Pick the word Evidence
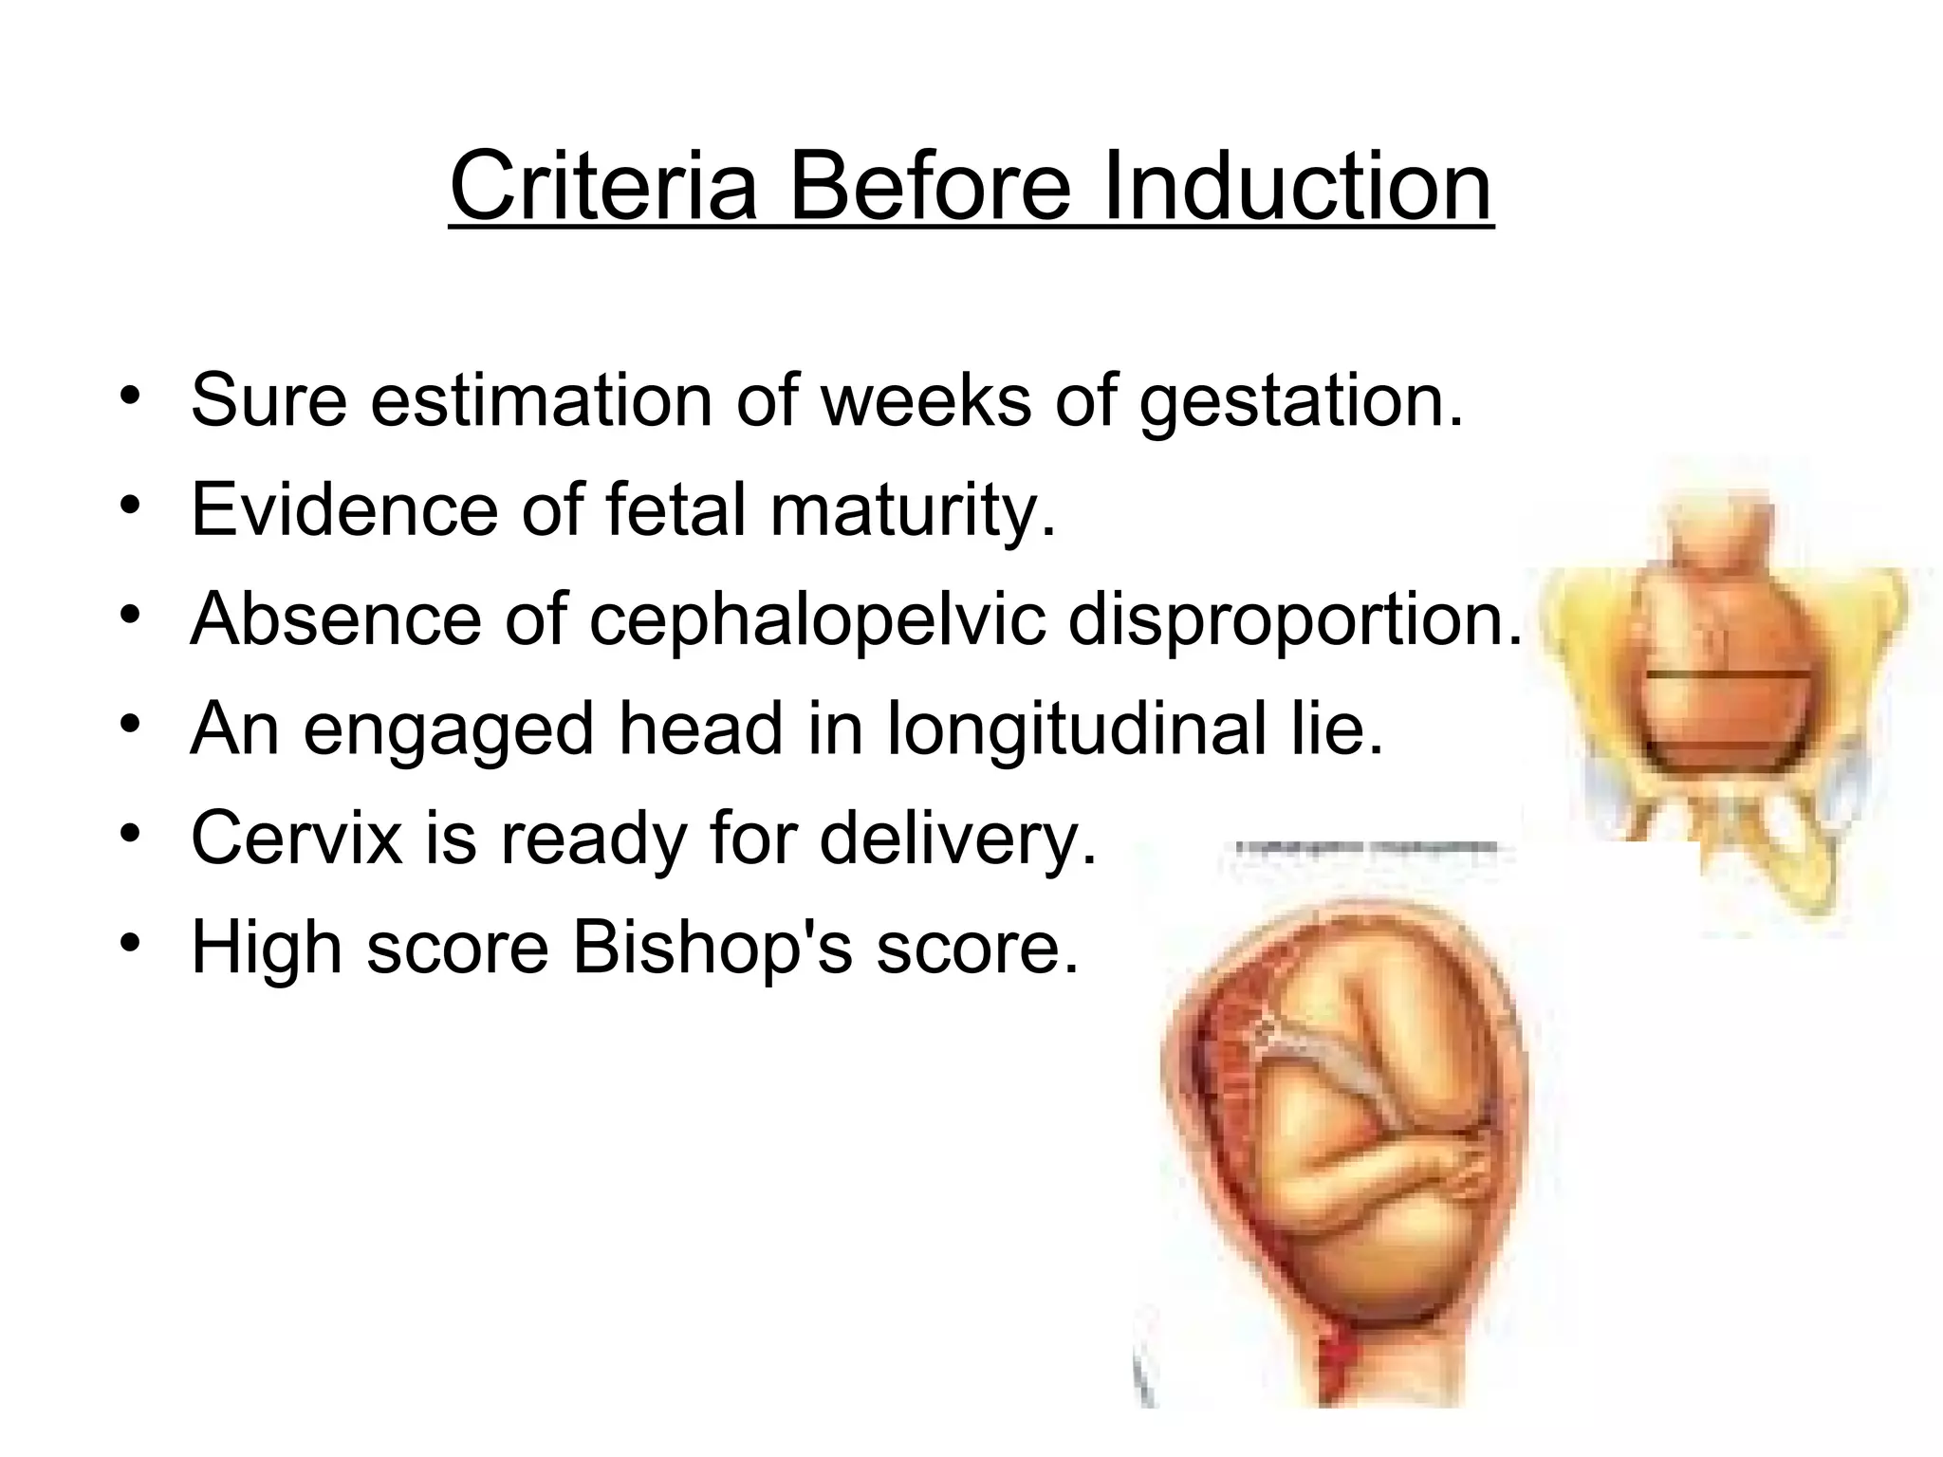click(344, 509)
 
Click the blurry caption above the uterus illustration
click(1366, 847)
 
